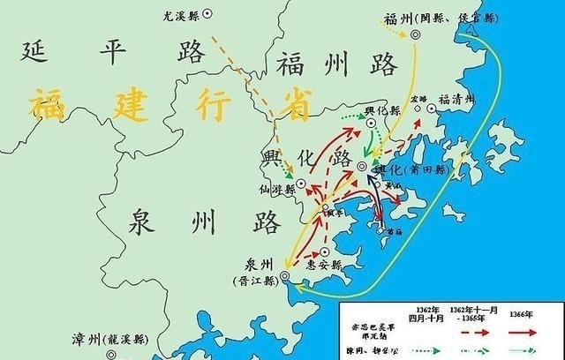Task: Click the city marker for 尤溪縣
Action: pos(206,14)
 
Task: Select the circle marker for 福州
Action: pos(414,34)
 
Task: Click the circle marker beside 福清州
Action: pos(432,109)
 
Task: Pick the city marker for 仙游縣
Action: pos(301,184)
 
